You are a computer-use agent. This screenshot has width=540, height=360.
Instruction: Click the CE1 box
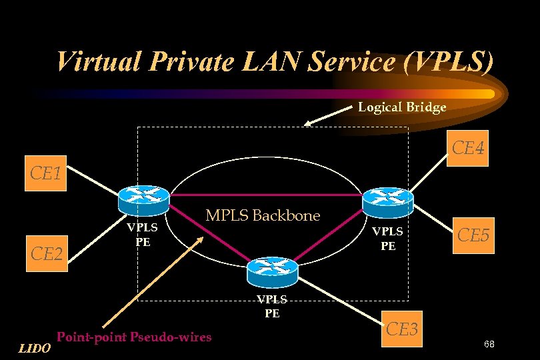point(46,175)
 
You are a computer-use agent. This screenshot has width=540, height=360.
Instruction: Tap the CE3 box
point(402,329)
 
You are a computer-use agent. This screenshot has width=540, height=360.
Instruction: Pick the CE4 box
point(468,148)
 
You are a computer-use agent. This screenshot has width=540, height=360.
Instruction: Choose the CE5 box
point(474,236)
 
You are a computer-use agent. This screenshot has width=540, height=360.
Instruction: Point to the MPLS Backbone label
point(263,215)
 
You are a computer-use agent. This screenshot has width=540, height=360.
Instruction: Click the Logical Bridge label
point(402,107)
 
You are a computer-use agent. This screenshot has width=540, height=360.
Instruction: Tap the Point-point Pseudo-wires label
point(134,337)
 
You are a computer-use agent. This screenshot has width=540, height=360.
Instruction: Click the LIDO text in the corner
point(34,347)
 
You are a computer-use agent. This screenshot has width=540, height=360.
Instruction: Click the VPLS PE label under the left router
point(143,234)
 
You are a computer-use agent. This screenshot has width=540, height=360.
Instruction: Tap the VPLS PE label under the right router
point(387,239)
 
